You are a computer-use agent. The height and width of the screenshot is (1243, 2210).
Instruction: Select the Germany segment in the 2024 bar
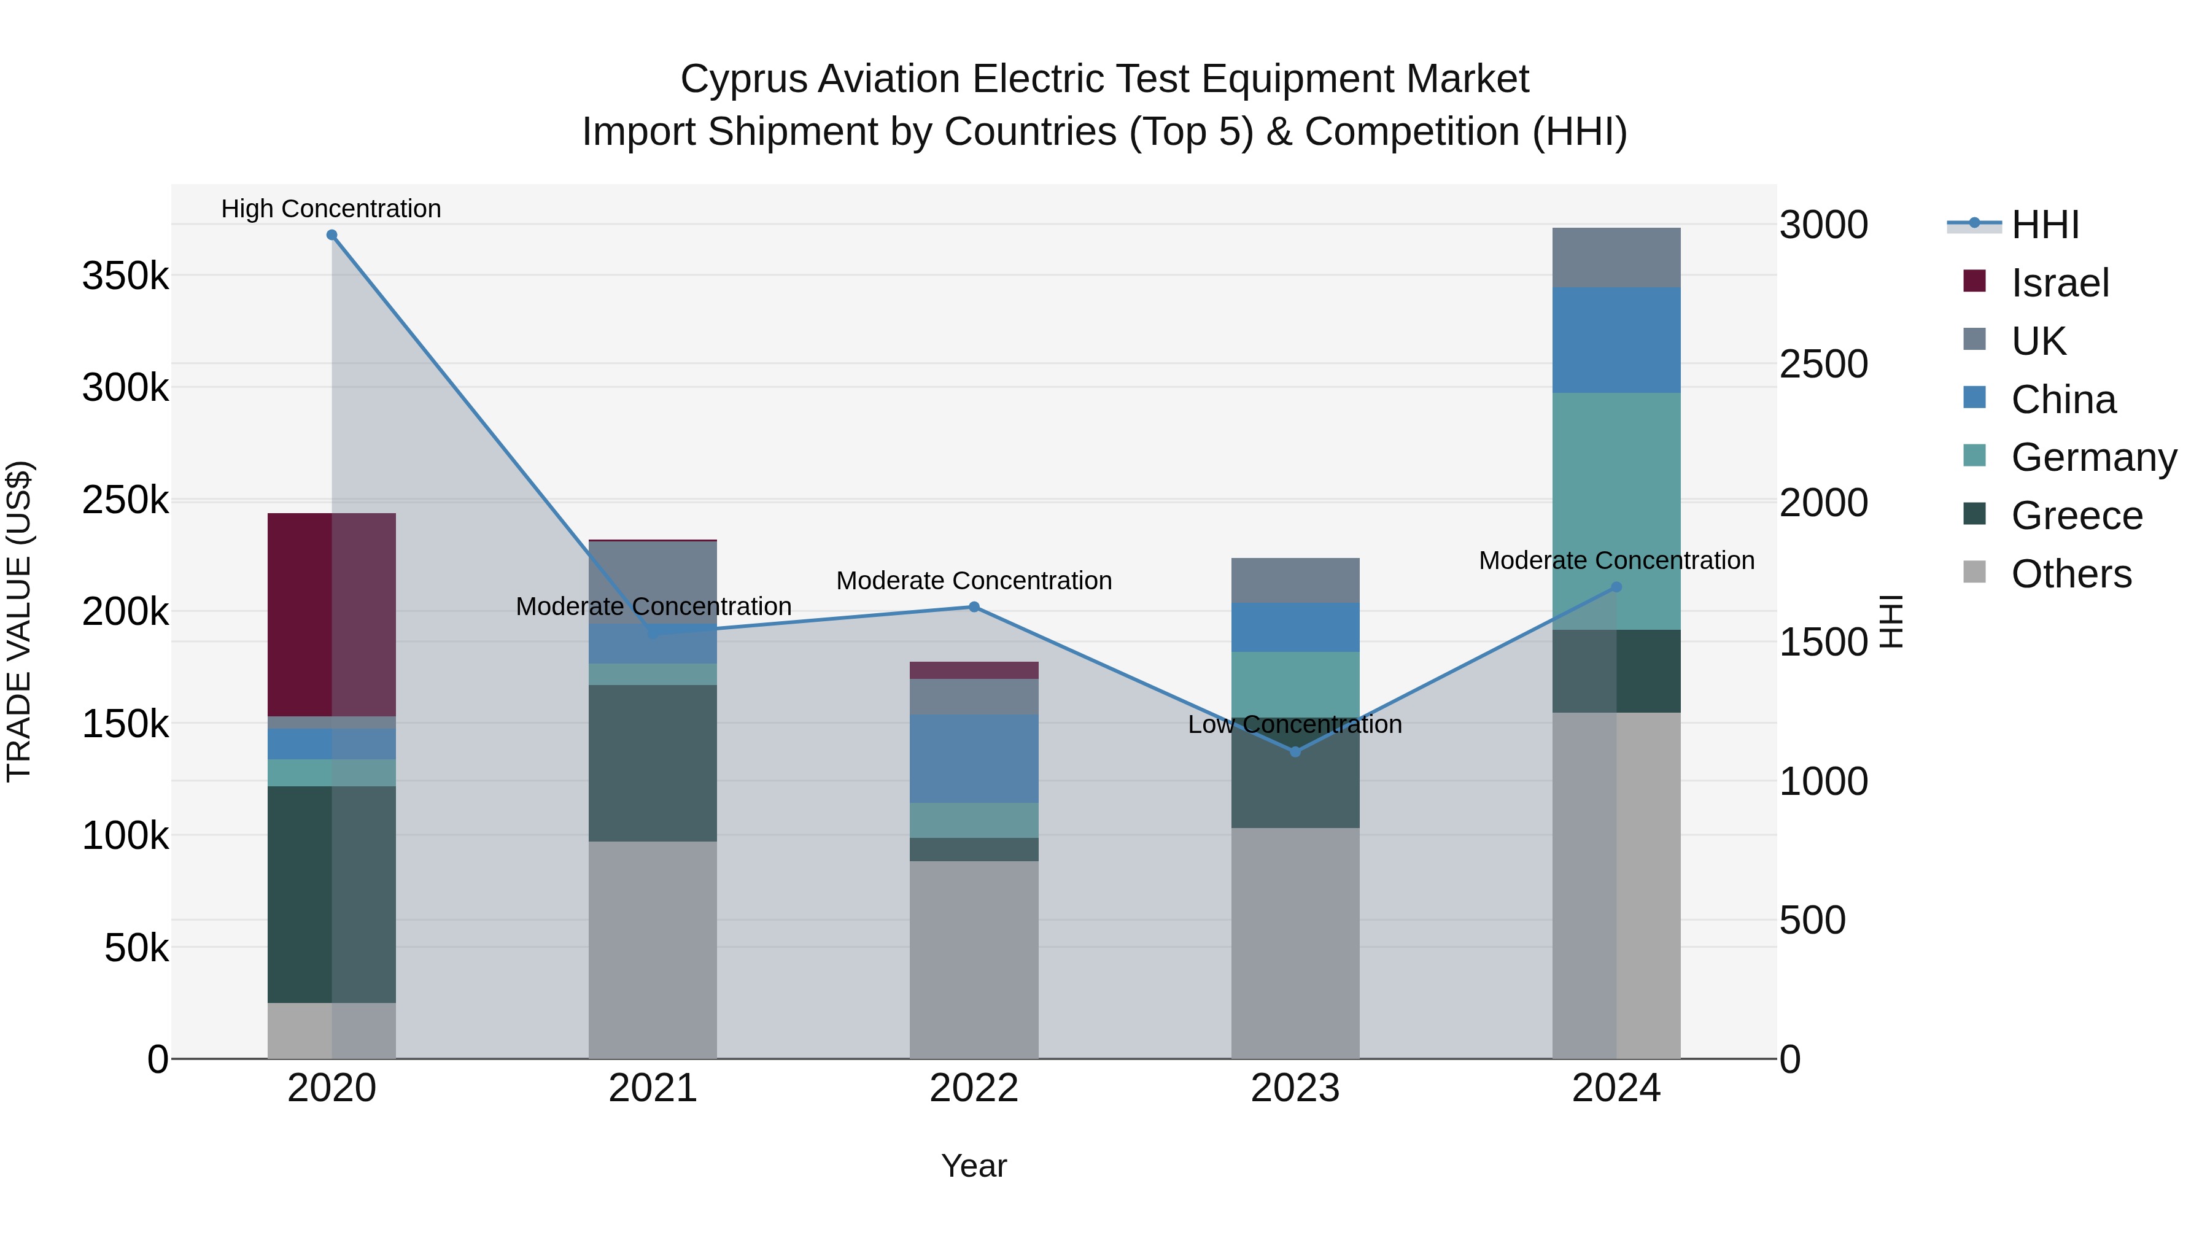1616,511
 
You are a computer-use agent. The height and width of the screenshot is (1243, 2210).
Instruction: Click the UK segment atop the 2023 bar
1295,580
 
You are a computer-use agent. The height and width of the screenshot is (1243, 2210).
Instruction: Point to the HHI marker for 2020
332,235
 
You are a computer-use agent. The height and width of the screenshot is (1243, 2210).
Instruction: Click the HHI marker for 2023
1295,751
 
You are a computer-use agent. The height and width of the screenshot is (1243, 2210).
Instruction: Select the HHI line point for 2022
974,607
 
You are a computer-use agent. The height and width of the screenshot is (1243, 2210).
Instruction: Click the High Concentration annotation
331,209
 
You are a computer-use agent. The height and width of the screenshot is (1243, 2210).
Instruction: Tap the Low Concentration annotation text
1295,724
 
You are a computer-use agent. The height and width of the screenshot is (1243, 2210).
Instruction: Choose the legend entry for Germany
2093,457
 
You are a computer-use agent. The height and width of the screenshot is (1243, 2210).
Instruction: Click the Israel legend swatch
1974,281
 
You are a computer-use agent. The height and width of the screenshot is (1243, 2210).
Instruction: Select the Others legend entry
2071,574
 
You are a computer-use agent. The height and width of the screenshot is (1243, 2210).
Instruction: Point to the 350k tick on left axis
125,276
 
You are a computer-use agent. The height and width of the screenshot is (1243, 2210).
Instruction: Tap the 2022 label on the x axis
974,1088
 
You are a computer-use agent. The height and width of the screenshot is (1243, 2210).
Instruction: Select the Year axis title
974,1166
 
